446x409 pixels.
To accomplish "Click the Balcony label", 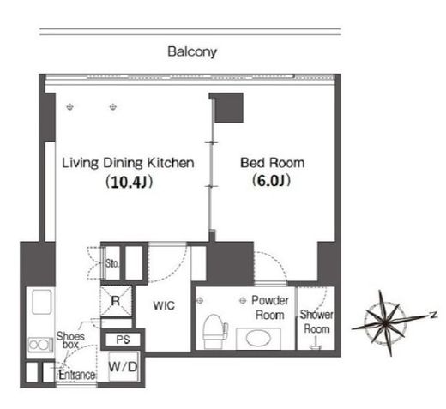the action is coord(192,51).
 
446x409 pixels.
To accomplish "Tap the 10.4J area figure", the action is coord(129,182).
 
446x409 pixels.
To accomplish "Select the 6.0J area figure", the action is coord(271,180).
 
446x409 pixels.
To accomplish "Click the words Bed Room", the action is coord(272,163).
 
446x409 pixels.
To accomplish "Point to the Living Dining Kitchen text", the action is coord(128,163).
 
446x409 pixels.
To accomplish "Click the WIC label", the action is coord(164,305).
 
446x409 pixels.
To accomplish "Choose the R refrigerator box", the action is coord(116,301).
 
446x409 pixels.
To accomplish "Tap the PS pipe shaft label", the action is coord(124,340).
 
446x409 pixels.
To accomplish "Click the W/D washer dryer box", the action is coord(124,366).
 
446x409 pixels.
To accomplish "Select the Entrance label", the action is coord(77,375).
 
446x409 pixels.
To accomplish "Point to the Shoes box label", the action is coord(70,340).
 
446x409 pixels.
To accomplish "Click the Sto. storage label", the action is coord(111,263).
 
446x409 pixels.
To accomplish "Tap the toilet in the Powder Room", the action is coord(214,332).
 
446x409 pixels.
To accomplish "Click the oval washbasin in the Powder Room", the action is coord(259,339).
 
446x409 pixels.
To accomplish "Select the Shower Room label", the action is coord(316,322).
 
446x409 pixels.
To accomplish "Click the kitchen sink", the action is coord(42,302).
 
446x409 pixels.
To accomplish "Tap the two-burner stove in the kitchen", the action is coord(40,345).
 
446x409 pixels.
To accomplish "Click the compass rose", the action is coord(389,323).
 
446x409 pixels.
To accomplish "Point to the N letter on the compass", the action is coord(434,315).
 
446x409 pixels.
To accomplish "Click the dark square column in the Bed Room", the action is coord(229,108).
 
